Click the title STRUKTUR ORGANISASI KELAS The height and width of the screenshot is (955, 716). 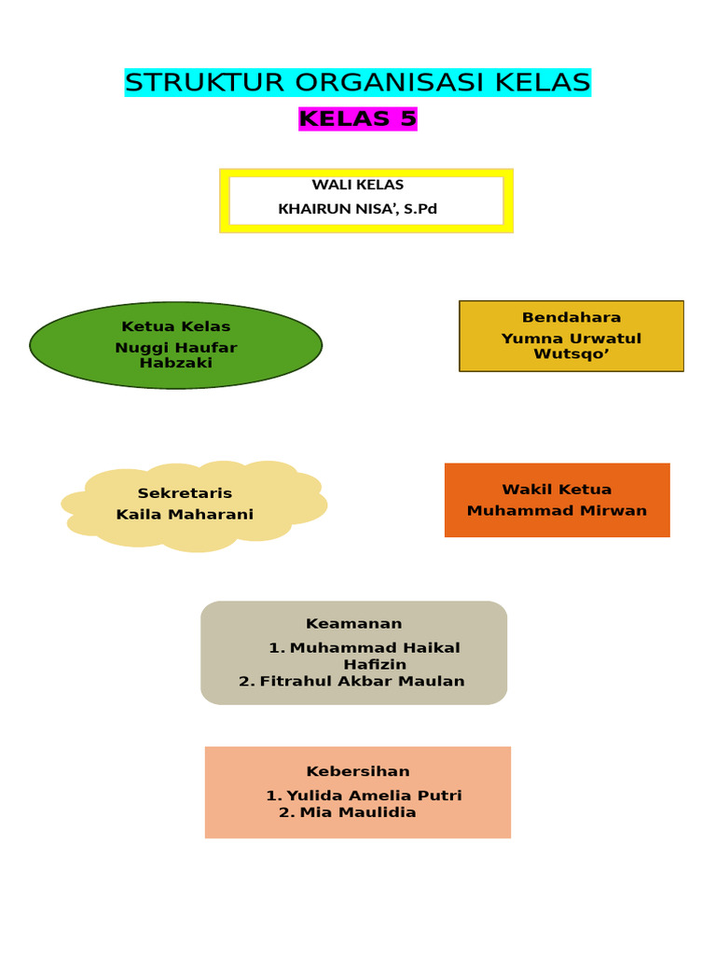click(358, 83)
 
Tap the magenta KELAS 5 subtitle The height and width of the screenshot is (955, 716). click(358, 119)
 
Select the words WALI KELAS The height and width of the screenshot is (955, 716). click(358, 185)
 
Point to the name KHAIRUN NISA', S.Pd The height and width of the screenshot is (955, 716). click(358, 209)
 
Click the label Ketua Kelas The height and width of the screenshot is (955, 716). click(175, 326)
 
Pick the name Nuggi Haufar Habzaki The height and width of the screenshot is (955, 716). click(175, 355)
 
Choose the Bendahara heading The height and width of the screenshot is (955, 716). click(571, 317)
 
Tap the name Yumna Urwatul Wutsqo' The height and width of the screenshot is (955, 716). click(571, 346)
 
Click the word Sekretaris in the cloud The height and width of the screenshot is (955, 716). click(185, 493)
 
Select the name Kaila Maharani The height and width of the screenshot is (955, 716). click(185, 515)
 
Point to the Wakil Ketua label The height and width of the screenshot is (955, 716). click(557, 490)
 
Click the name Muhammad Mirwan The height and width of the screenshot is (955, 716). click(557, 511)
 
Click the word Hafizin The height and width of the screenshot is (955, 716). click(375, 665)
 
